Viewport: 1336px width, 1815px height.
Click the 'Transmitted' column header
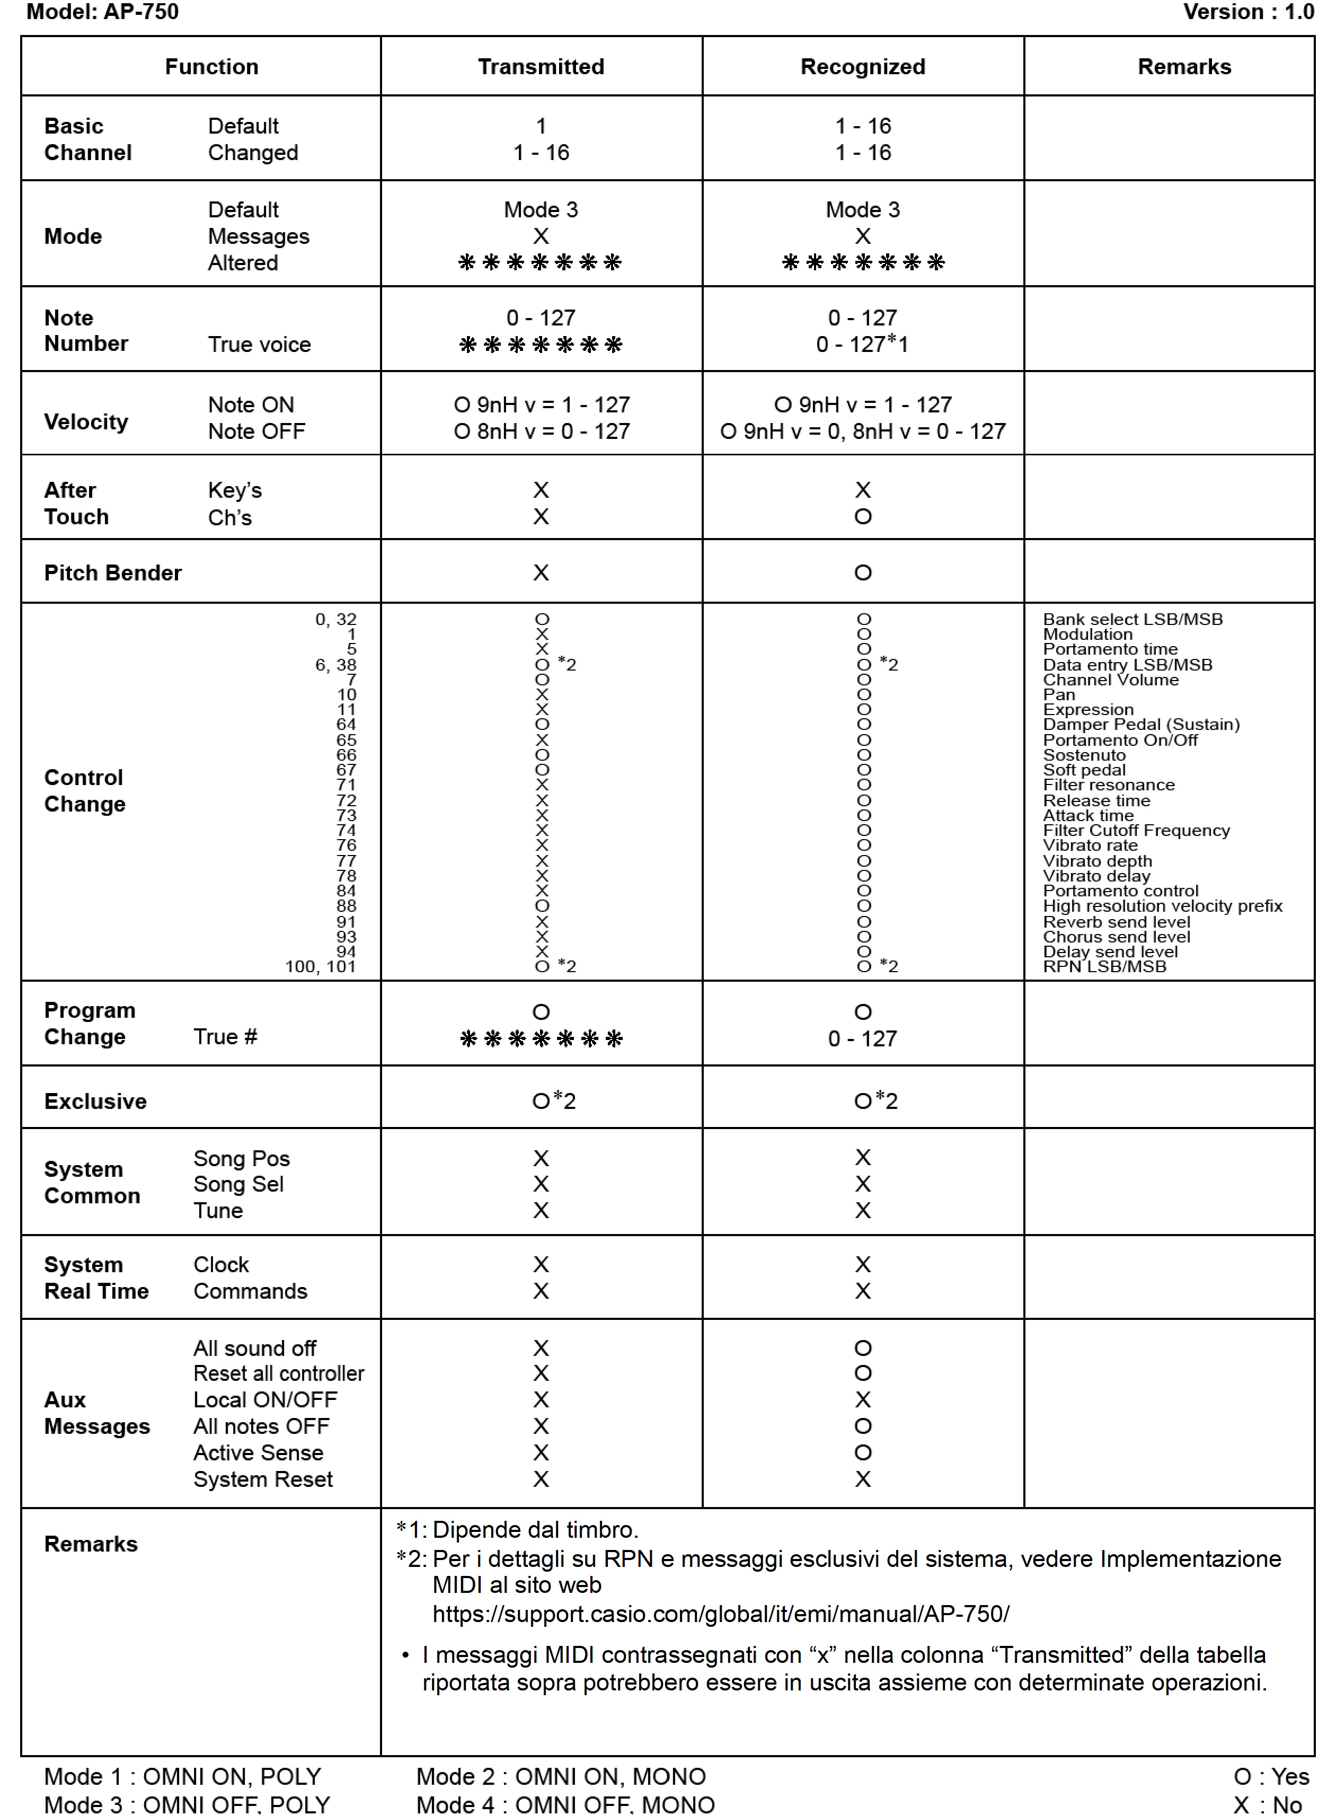[x=540, y=66]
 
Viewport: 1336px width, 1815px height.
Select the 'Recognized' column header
[x=862, y=66]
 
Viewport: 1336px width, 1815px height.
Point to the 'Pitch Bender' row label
[x=112, y=572]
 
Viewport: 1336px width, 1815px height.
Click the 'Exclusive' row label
[x=95, y=1101]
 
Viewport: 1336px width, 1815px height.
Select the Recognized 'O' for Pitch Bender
[x=863, y=572]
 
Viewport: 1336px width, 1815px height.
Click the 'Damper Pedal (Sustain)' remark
[x=1140, y=724]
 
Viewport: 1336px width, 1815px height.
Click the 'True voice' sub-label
[x=259, y=345]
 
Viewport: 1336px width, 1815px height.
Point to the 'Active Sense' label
[x=258, y=1452]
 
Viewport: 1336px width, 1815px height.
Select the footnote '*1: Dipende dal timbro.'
[x=518, y=1529]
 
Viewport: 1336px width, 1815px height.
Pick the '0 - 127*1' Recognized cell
[x=862, y=345]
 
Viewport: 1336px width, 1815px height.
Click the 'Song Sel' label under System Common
[x=238, y=1184]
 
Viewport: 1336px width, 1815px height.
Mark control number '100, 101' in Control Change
[x=320, y=966]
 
